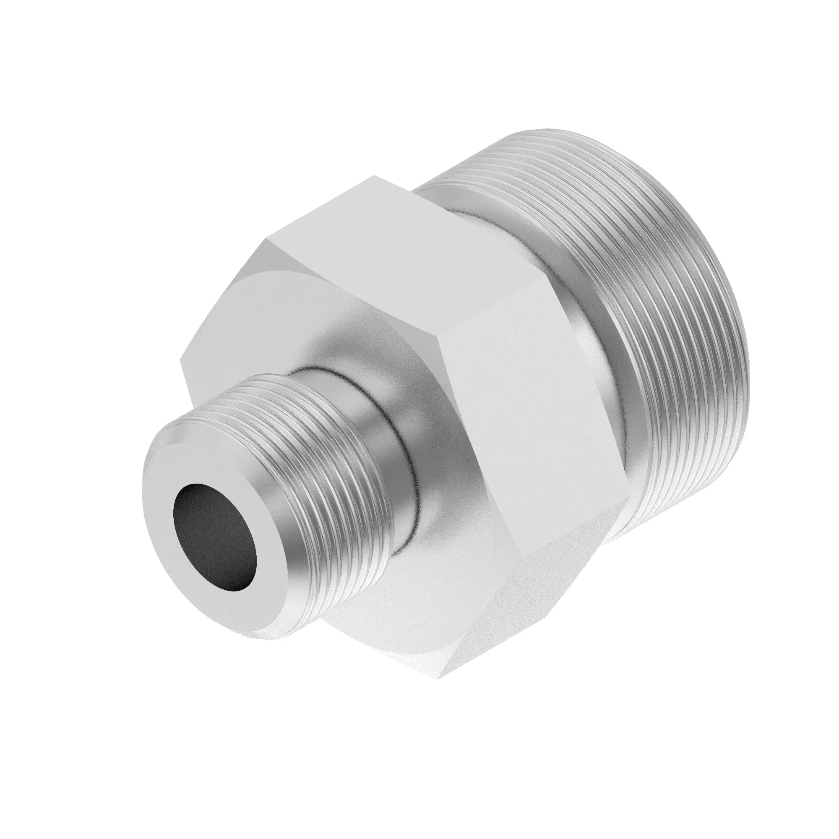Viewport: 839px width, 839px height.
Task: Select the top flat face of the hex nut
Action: [404, 243]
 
